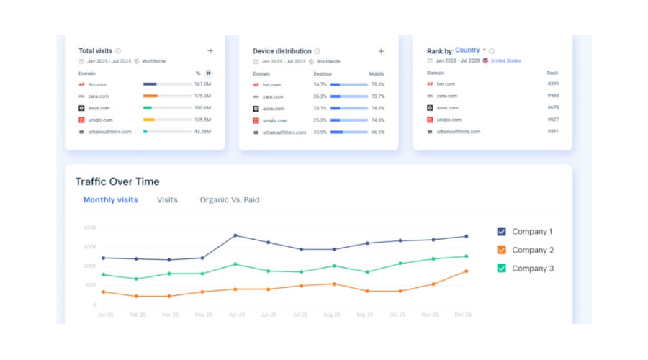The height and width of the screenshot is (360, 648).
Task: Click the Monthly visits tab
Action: [x=110, y=199]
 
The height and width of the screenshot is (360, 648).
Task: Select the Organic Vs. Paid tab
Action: [x=229, y=199]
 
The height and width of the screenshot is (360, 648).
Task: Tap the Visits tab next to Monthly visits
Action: [x=167, y=199]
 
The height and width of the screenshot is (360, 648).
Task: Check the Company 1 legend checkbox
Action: [x=502, y=232]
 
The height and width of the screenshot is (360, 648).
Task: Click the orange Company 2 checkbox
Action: [x=502, y=250]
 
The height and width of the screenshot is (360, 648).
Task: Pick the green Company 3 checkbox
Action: [x=502, y=268]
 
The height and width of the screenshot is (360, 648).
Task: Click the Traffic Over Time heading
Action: [x=117, y=181]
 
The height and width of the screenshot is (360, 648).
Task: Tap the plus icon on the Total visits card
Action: [x=210, y=51]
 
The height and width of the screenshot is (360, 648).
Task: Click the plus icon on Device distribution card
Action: [x=381, y=51]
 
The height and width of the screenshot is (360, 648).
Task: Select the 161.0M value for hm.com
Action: [x=202, y=84]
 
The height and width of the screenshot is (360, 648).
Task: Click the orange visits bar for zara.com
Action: [x=150, y=96]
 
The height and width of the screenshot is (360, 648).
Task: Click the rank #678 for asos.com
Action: [x=553, y=108]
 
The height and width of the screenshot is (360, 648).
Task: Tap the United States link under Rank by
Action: [x=505, y=61]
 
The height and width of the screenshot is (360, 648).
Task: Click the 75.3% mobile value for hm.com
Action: [x=377, y=84]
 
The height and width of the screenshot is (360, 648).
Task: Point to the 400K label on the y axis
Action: [x=89, y=228]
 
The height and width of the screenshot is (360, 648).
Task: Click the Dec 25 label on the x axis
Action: [x=463, y=315]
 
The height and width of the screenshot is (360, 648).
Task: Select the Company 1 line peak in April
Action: [x=235, y=235]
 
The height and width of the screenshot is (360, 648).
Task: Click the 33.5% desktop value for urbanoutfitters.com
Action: [x=320, y=132]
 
